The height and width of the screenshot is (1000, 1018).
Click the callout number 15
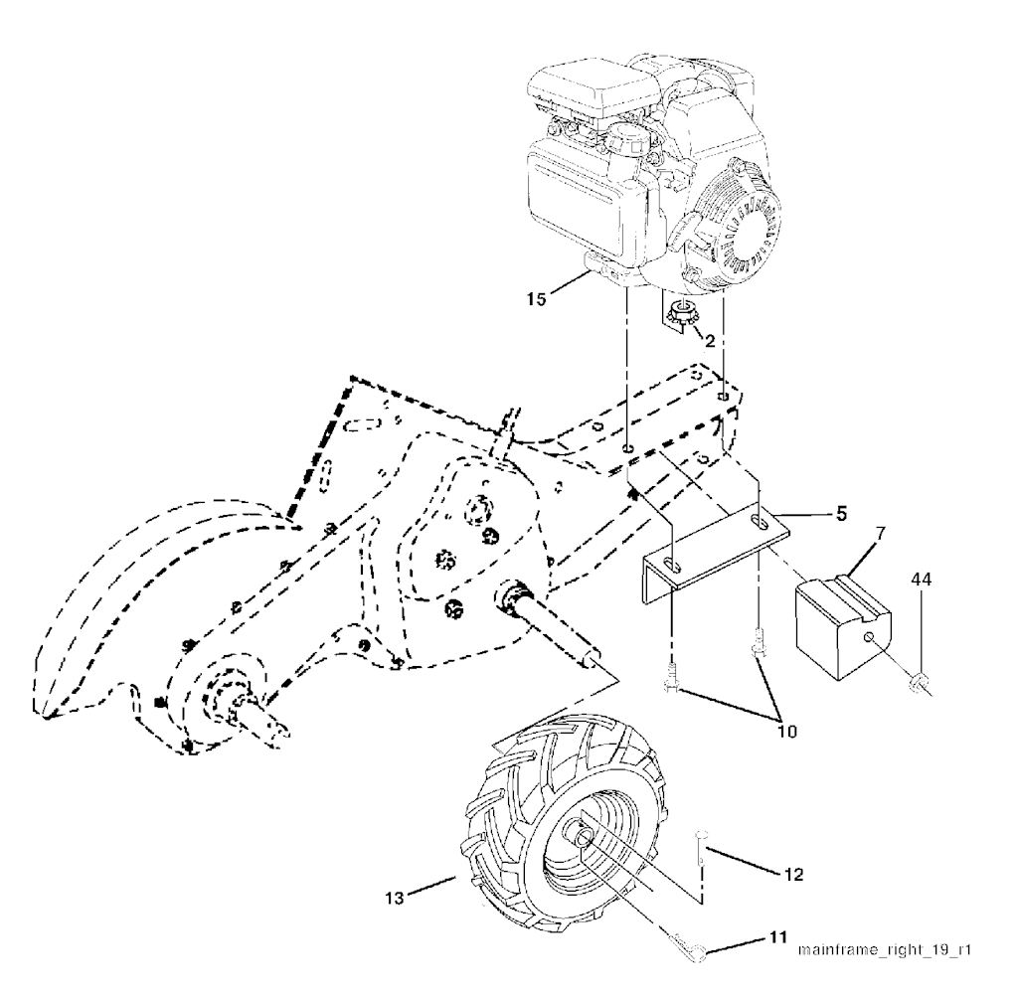click(537, 299)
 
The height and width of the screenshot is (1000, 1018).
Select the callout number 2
click(710, 341)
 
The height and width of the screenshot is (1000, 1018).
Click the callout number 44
click(922, 579)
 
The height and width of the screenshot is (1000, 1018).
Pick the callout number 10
click(787, 732)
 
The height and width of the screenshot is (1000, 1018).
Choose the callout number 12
click(793, 875)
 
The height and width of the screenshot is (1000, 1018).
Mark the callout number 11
click(778, 937)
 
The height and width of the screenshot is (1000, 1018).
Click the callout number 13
click(395, 898)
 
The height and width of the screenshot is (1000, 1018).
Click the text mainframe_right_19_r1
click(884, 950)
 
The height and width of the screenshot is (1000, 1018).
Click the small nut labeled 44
click(920, 682)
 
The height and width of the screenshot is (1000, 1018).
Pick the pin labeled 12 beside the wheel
click(699, 847)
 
